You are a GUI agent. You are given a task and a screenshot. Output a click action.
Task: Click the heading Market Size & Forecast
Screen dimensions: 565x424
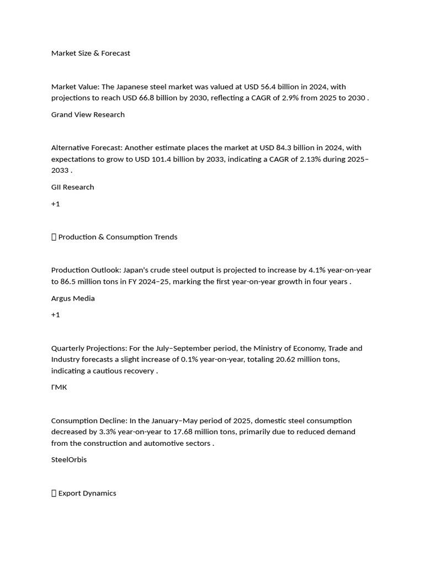tap(91, 53)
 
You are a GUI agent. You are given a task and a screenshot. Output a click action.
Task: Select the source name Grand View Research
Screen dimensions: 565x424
tap(88, 114)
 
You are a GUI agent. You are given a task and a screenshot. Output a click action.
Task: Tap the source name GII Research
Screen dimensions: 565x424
tap(72, 186)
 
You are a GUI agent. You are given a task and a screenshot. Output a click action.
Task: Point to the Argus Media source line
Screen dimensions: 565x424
tap(73, 298)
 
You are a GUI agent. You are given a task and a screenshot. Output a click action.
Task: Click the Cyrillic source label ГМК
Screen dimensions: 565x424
tap(59, 387)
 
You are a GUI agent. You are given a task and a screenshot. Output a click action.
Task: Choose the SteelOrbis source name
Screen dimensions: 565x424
tap(69, 459)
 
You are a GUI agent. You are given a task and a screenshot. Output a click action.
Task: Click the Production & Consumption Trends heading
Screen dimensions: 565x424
tap(118, 237)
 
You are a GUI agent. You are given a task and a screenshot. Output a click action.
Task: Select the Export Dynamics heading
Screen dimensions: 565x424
tap(87, 493)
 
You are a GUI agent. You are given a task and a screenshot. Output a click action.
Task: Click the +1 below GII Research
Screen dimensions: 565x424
tap(55, 204)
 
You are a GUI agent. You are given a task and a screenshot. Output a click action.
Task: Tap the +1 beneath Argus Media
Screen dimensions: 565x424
tap(55, 315)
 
